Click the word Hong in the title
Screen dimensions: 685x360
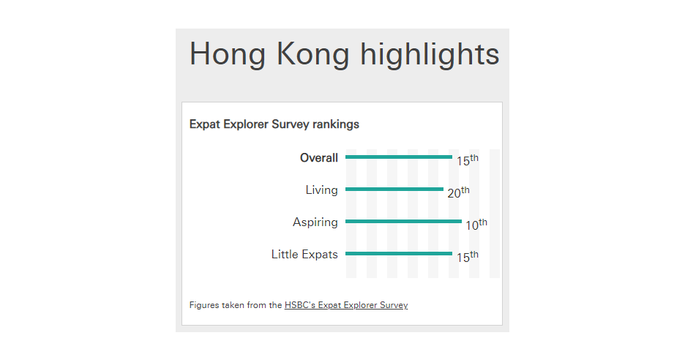[227, 55]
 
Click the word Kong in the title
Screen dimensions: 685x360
[312, 55]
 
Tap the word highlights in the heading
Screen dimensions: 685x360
[430, 55]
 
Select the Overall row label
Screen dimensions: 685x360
[319, 158]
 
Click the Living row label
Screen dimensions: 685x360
[321, 190]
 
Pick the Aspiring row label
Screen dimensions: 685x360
[315, 222]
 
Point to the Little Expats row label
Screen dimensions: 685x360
[304, 255]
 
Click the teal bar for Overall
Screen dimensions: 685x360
[399, 157]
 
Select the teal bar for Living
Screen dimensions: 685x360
[394, 190]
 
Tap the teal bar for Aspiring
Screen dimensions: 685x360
[404, 222]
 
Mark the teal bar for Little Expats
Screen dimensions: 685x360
[399, 253]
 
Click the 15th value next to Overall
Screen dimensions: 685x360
[468, 160]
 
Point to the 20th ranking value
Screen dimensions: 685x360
[458, 192]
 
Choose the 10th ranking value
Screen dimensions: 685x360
[476, 224]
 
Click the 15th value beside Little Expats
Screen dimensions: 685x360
[468, 256]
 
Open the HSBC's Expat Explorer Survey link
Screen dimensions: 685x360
[346, 305]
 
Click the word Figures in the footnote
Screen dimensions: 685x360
[204, 305]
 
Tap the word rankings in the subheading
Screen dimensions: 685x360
[335, 124]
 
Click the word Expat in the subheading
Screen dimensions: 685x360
[205, 124]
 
